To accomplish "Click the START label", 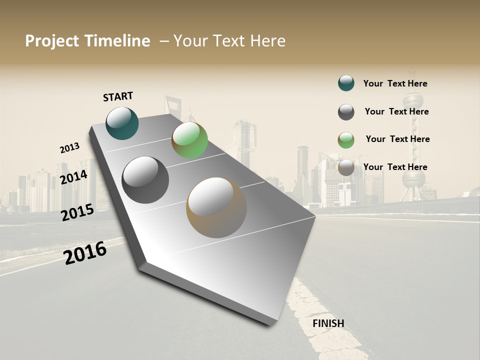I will coord(118,96).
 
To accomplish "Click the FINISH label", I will coord(328,323).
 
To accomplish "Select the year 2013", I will coord(69,148).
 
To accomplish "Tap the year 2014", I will coord(73,177).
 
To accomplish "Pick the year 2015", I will coord(77,212).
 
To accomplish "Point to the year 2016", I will coord(85,253).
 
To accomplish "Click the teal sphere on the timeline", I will coord(122,123).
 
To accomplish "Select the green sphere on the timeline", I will coord(189,140).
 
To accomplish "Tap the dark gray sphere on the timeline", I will coord(145,180).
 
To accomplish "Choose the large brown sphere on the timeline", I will coord(216,207).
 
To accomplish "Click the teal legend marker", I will coord(346,83).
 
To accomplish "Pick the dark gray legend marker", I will coord(346,112).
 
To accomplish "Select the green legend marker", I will coord(346,140).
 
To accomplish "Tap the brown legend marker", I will coord(346,167).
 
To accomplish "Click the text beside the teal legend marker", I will coord(395,83).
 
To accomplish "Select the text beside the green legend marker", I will coord(397,139).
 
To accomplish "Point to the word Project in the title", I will coord(52,41).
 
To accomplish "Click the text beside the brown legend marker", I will coord(395,167).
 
